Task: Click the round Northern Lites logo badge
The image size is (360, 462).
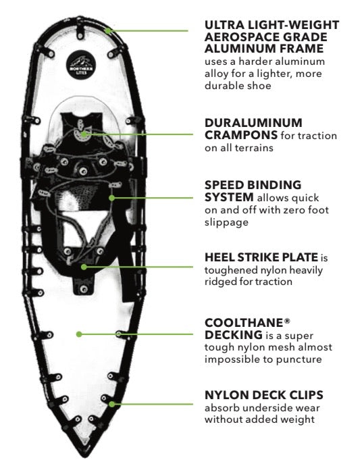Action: coord(79,65)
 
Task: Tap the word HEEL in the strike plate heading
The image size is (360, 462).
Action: coord(220,257)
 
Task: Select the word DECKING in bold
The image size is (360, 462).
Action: coord(232,336)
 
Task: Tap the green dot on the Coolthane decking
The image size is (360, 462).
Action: coord(79,334)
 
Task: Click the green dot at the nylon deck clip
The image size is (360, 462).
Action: coord(112,404)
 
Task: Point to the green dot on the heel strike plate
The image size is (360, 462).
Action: coord(84,266)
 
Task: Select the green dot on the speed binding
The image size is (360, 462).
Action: coord(112,197)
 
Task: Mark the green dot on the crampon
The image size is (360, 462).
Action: coord(84,134)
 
